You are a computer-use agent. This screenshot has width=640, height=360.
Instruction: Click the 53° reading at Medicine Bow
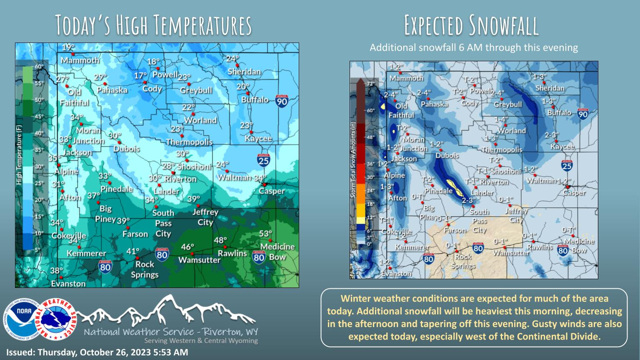point(265,233)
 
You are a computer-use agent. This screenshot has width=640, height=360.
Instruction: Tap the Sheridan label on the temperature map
point(244,72)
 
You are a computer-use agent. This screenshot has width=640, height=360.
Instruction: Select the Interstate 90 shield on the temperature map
point(282,101)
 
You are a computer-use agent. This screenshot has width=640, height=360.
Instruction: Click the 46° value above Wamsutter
point(188,247)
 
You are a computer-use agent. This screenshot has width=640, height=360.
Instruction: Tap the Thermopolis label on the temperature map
point(189,142)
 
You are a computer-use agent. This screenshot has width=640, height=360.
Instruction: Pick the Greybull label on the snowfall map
point(507,105)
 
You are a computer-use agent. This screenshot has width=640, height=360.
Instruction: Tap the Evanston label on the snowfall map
point(396,273)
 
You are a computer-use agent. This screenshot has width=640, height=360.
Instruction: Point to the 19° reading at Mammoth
point(68,47)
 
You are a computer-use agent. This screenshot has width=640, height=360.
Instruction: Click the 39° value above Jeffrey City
point(193,199)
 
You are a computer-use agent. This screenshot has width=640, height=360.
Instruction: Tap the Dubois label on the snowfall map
point(447,155)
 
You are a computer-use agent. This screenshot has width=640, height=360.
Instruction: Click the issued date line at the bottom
point(97,352)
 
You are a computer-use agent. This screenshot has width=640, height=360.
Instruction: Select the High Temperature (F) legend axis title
point(19,156)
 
